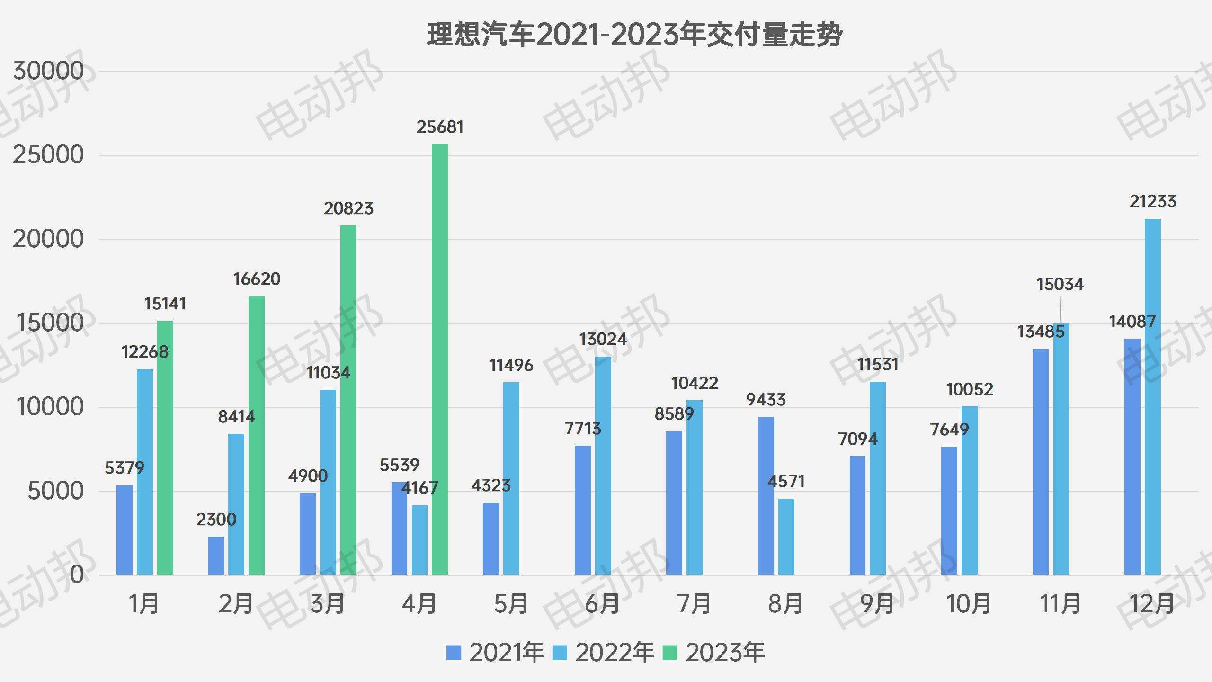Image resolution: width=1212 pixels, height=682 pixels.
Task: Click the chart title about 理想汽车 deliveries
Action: coord(634,34)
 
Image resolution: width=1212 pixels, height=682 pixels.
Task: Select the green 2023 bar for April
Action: coord(440,360)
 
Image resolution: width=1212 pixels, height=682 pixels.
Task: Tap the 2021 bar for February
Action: coord(216,556)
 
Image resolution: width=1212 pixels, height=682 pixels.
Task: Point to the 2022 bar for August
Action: coord(786,537)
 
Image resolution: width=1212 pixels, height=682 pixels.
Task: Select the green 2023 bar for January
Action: coord(165,448)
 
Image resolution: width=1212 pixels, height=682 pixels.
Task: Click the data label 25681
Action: coord(440,127)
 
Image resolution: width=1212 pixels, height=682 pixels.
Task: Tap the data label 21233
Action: coord(1153,201)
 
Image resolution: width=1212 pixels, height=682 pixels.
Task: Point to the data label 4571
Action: coord(786,481)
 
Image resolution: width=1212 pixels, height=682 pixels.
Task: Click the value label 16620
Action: coord(257,279)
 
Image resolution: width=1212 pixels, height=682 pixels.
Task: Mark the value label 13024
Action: coord(603,339)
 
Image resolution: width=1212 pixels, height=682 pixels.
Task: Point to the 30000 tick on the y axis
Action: coord(48,71)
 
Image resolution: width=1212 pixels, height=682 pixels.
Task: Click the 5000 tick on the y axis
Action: coord(55,491)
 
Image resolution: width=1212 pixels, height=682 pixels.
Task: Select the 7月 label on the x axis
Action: coord(695,604)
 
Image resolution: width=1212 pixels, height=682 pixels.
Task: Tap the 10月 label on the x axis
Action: coord(969,604)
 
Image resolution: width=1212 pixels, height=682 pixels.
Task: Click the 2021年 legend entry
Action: coord(495,653)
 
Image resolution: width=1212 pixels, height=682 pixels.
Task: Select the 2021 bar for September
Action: coord(857,515)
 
